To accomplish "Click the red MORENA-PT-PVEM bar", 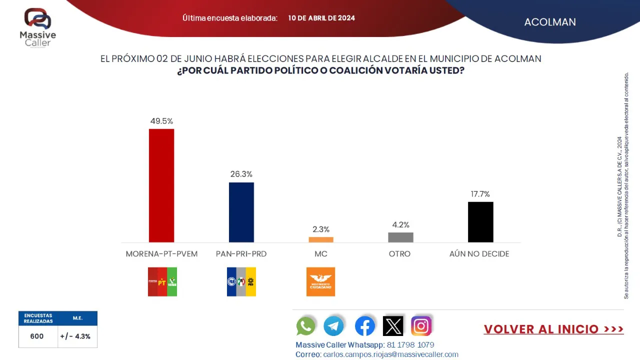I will pos(161,185).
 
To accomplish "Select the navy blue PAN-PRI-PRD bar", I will pos(241,212).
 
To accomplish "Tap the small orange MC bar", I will pos(321,239).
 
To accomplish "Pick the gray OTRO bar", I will pos(400,237).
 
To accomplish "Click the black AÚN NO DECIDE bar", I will pos(480,222).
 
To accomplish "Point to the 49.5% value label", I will pos(161,121).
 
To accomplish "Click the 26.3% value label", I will pos(241,174).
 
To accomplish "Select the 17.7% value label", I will pos(480,194).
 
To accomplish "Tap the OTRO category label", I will pos(399,254).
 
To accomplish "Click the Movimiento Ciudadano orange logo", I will pos(320,281).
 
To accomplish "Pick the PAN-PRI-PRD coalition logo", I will pos(241,281).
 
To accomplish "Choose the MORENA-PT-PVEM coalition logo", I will pos(162,281).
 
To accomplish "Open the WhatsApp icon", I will pos(306,326).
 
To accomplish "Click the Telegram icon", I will pos(334,326).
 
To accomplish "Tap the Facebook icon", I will pos(365,326).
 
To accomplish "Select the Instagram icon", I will pos(421,326).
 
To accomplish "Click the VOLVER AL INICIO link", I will pos(553,329).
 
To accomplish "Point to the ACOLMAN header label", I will pos(550,22).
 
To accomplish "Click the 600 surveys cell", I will pos(37,336).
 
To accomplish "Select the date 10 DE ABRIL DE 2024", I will pos(321,18).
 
